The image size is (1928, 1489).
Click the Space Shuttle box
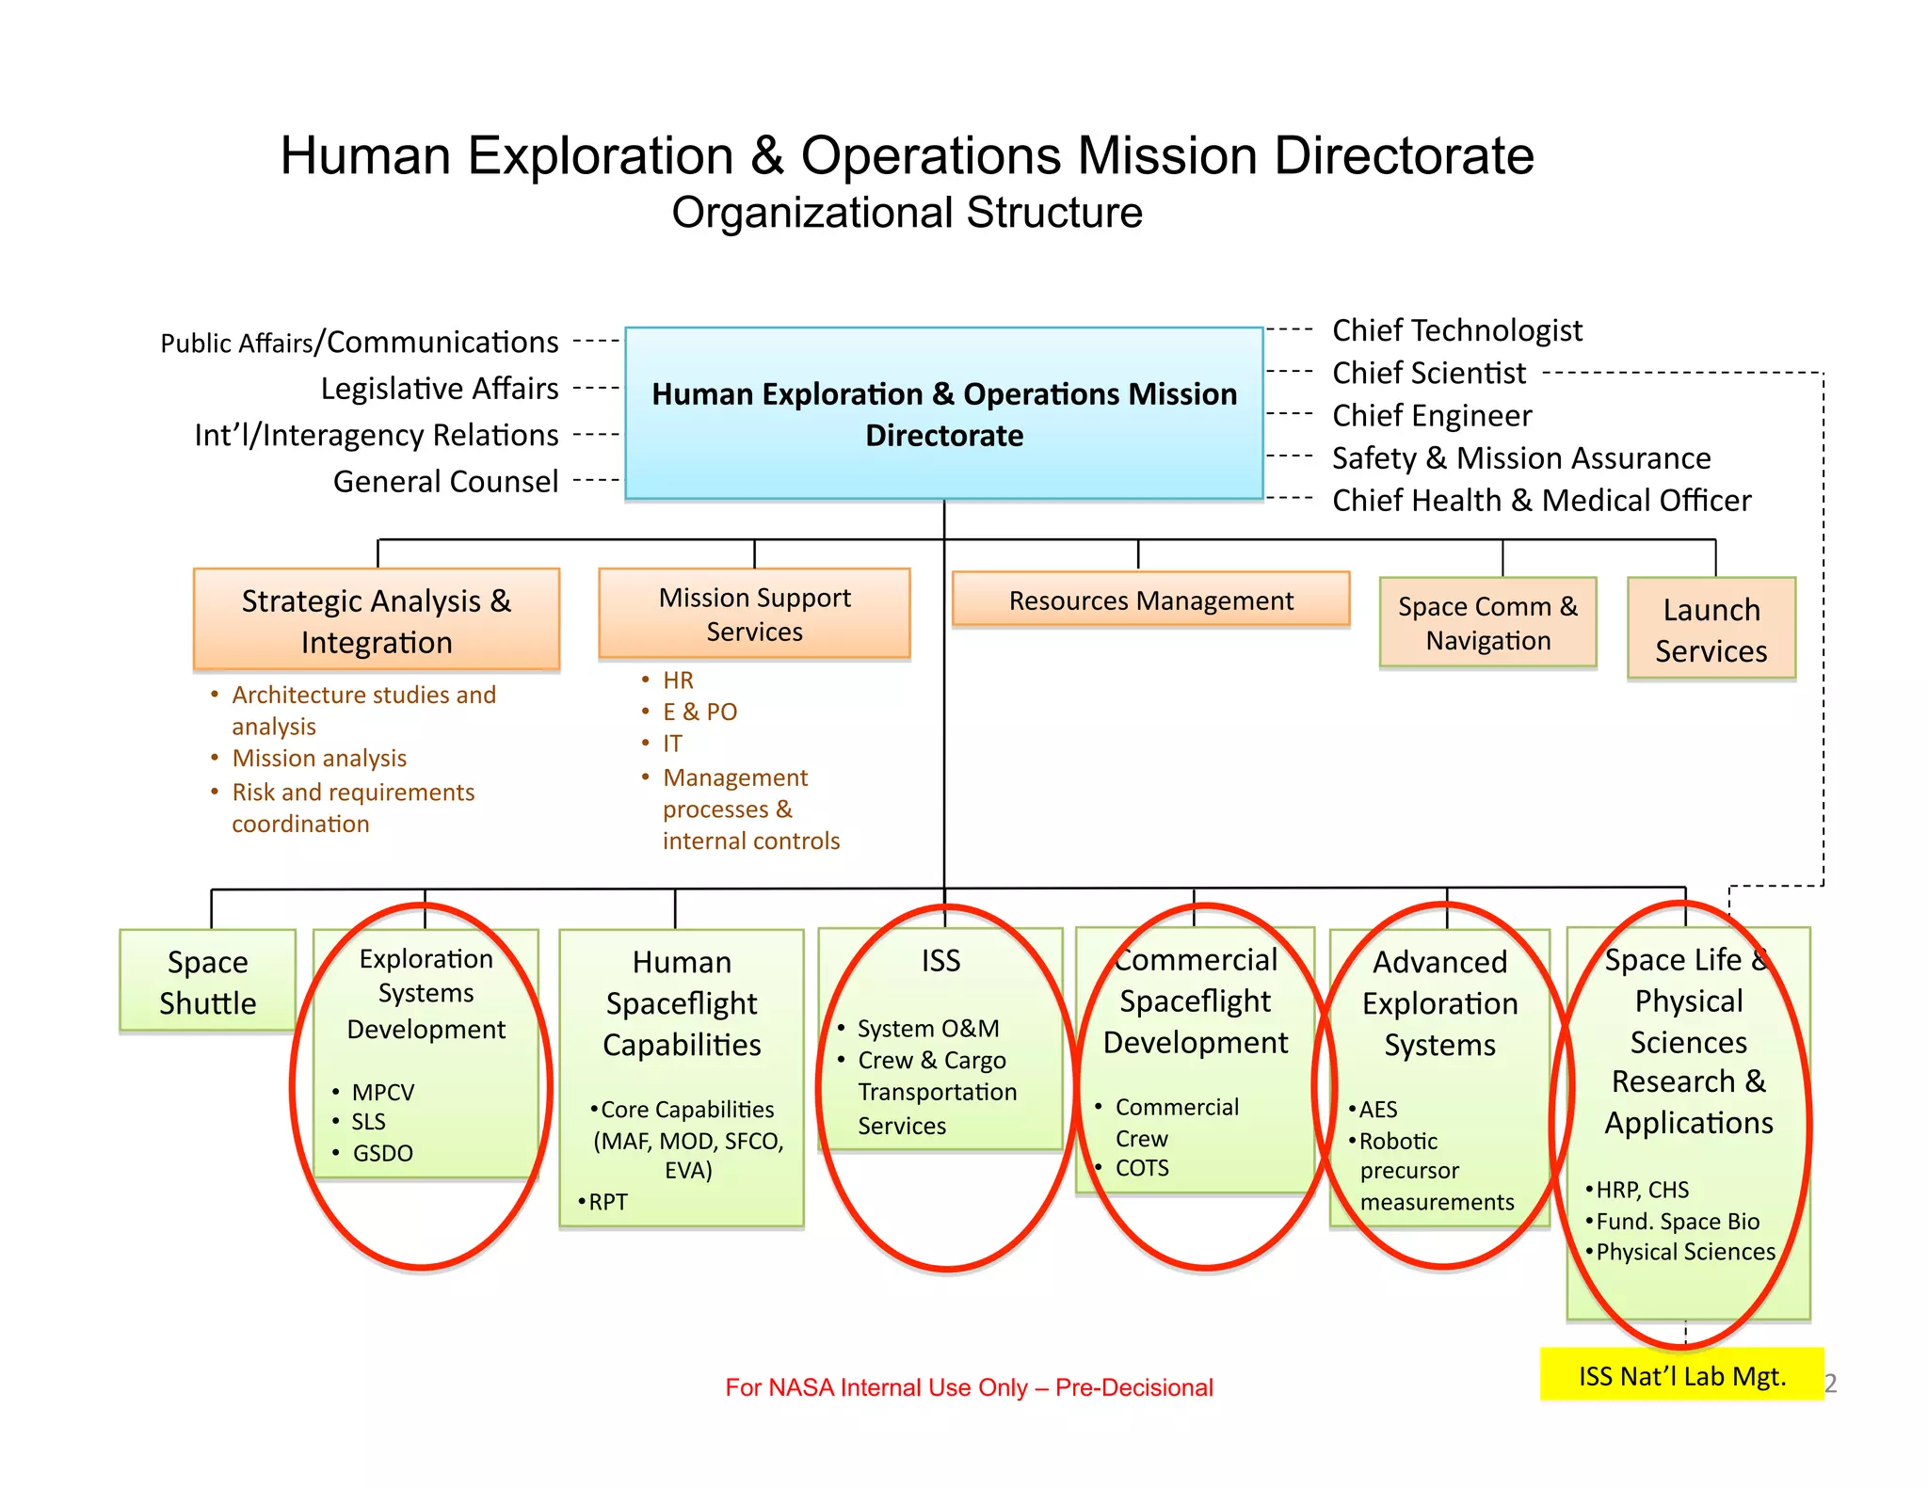click(x=207, y=982)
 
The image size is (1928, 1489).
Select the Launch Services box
click(x=1711, y=630)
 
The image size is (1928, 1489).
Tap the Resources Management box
click(x=1150, y=600)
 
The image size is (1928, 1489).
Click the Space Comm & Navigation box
click(x=1487, y=623)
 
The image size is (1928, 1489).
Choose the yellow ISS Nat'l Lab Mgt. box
click(x=1681, y=1376)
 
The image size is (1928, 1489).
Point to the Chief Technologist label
click(x=1456, y=330)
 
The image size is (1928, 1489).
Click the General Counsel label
click(x=445, y=482)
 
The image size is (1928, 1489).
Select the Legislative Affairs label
click(x=440, y=389)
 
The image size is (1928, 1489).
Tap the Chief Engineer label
click(x=1432, y=416)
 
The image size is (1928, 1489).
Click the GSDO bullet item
click(x=382, y=1153)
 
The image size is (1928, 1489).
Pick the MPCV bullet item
click(x=382, y=1093)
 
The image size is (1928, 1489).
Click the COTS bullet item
click(x=1142, y=1168)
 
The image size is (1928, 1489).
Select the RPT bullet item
click(x=607, y=1202)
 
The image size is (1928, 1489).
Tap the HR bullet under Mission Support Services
click(x=678, y=680)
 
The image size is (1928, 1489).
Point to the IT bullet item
click(x=672, y=744)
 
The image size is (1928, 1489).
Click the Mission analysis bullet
click(x=319, y=759)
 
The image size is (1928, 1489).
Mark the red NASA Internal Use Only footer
click(x=969, y=1387)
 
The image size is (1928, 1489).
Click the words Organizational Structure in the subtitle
click(x=907, y=213)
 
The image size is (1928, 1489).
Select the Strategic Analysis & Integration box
click(x=377, y=620)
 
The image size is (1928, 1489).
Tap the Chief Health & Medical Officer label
click(x=1541, y=501)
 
